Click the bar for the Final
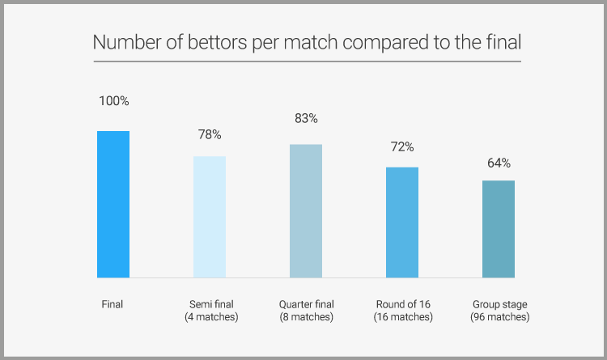tap(113, 204)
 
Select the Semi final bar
tap(210, 217)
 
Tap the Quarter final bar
tap(306, 210)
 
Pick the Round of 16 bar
tap(402, 222)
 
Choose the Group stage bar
tap(499, 229)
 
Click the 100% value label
tap(113, 101)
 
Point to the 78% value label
tap(210, 134)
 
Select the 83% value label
tap(306, 118)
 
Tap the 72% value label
tap(402, 147)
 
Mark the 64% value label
tap(499, 163)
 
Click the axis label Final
tap(112, 304)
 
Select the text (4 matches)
tap(211, 317)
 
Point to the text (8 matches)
tap(306, 317)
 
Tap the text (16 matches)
tap(403, 317)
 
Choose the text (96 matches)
tap(499, 317)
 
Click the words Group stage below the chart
tap(499, 304)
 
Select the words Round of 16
tap(403, 304)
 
